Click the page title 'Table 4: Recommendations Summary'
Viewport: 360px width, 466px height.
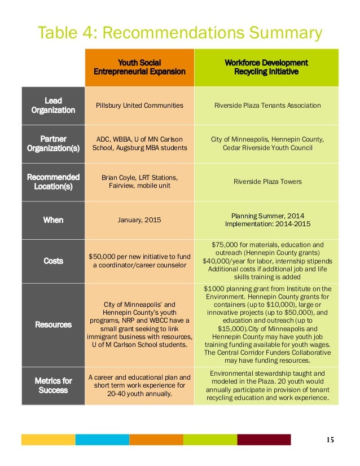(x=179, y=33)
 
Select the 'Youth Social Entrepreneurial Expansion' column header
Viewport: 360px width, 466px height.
(x=139, y=67)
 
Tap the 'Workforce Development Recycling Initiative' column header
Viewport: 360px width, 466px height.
(x=266, y=67)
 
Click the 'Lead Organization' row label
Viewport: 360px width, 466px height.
(x=53, y=105)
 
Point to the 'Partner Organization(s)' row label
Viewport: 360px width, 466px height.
(x=53, y=143)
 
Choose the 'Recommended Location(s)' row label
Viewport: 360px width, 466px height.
(x=53, y=182)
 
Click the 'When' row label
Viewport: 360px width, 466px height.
(x=53, y=219)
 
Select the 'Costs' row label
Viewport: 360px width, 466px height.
(x=53, y=261)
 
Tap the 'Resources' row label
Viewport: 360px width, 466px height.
(x=53, y=324)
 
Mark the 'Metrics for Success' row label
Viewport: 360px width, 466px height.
(x=53, y=385)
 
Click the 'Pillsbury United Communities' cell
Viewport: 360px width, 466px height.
(x=139, y=105)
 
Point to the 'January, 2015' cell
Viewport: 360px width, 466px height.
(x=139, y=219)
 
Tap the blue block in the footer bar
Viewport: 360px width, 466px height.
(x=102, y=439)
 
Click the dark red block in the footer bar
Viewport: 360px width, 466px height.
(x=264, y=439)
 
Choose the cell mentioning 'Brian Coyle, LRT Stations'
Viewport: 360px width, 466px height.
(x=139, y=182)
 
